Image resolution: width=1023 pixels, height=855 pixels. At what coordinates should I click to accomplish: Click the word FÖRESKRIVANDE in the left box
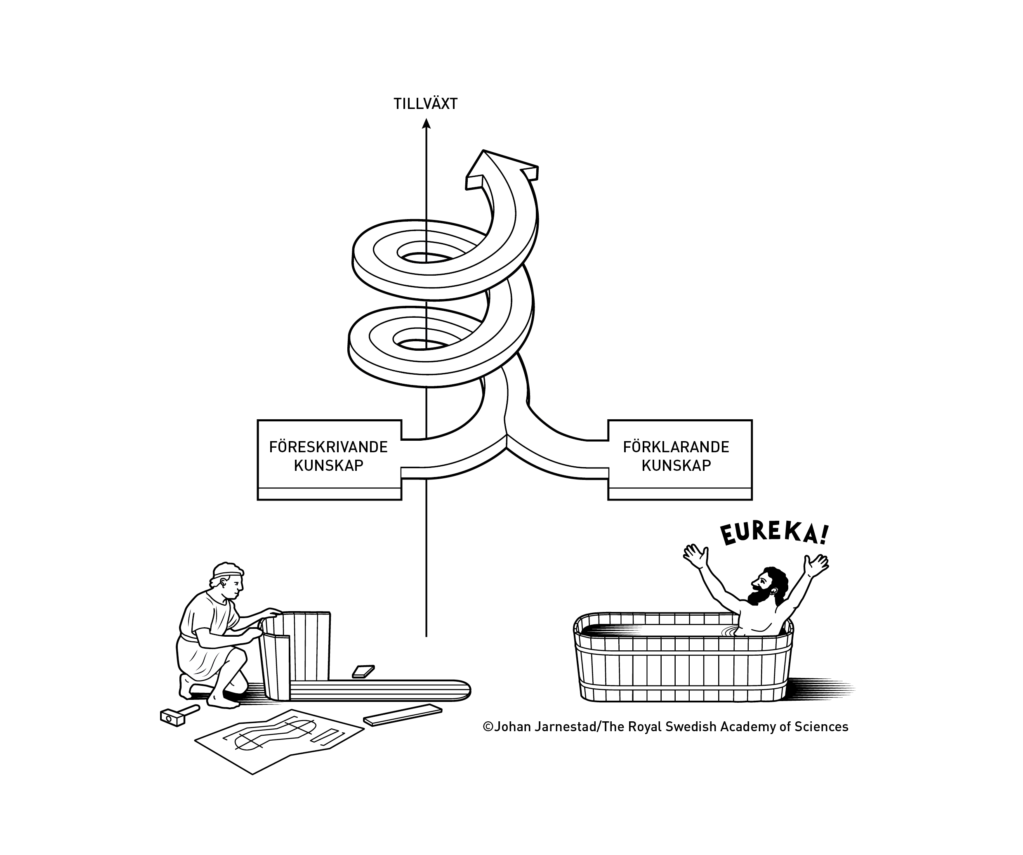click(328, 447)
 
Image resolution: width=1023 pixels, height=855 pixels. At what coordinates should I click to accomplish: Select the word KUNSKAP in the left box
click(328, 465)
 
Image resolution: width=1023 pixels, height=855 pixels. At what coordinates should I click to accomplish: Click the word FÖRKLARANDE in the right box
click(676, 447)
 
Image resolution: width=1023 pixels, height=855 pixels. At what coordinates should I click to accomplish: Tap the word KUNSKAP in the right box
click(676, 465)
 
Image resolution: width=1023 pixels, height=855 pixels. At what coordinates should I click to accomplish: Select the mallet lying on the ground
click(178, 715)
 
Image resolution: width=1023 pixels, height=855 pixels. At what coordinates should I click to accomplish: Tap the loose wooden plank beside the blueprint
click(402, 714)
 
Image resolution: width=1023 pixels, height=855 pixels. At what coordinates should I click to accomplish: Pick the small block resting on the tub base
click(363, 671)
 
